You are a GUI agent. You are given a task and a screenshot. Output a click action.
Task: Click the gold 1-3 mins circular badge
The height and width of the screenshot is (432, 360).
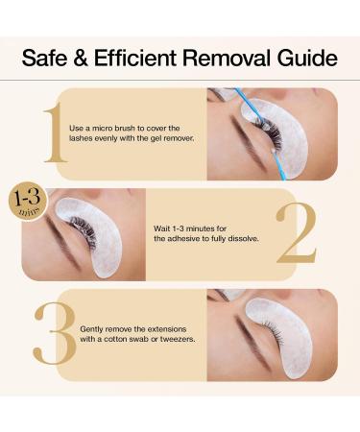click(x=23, y=204)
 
